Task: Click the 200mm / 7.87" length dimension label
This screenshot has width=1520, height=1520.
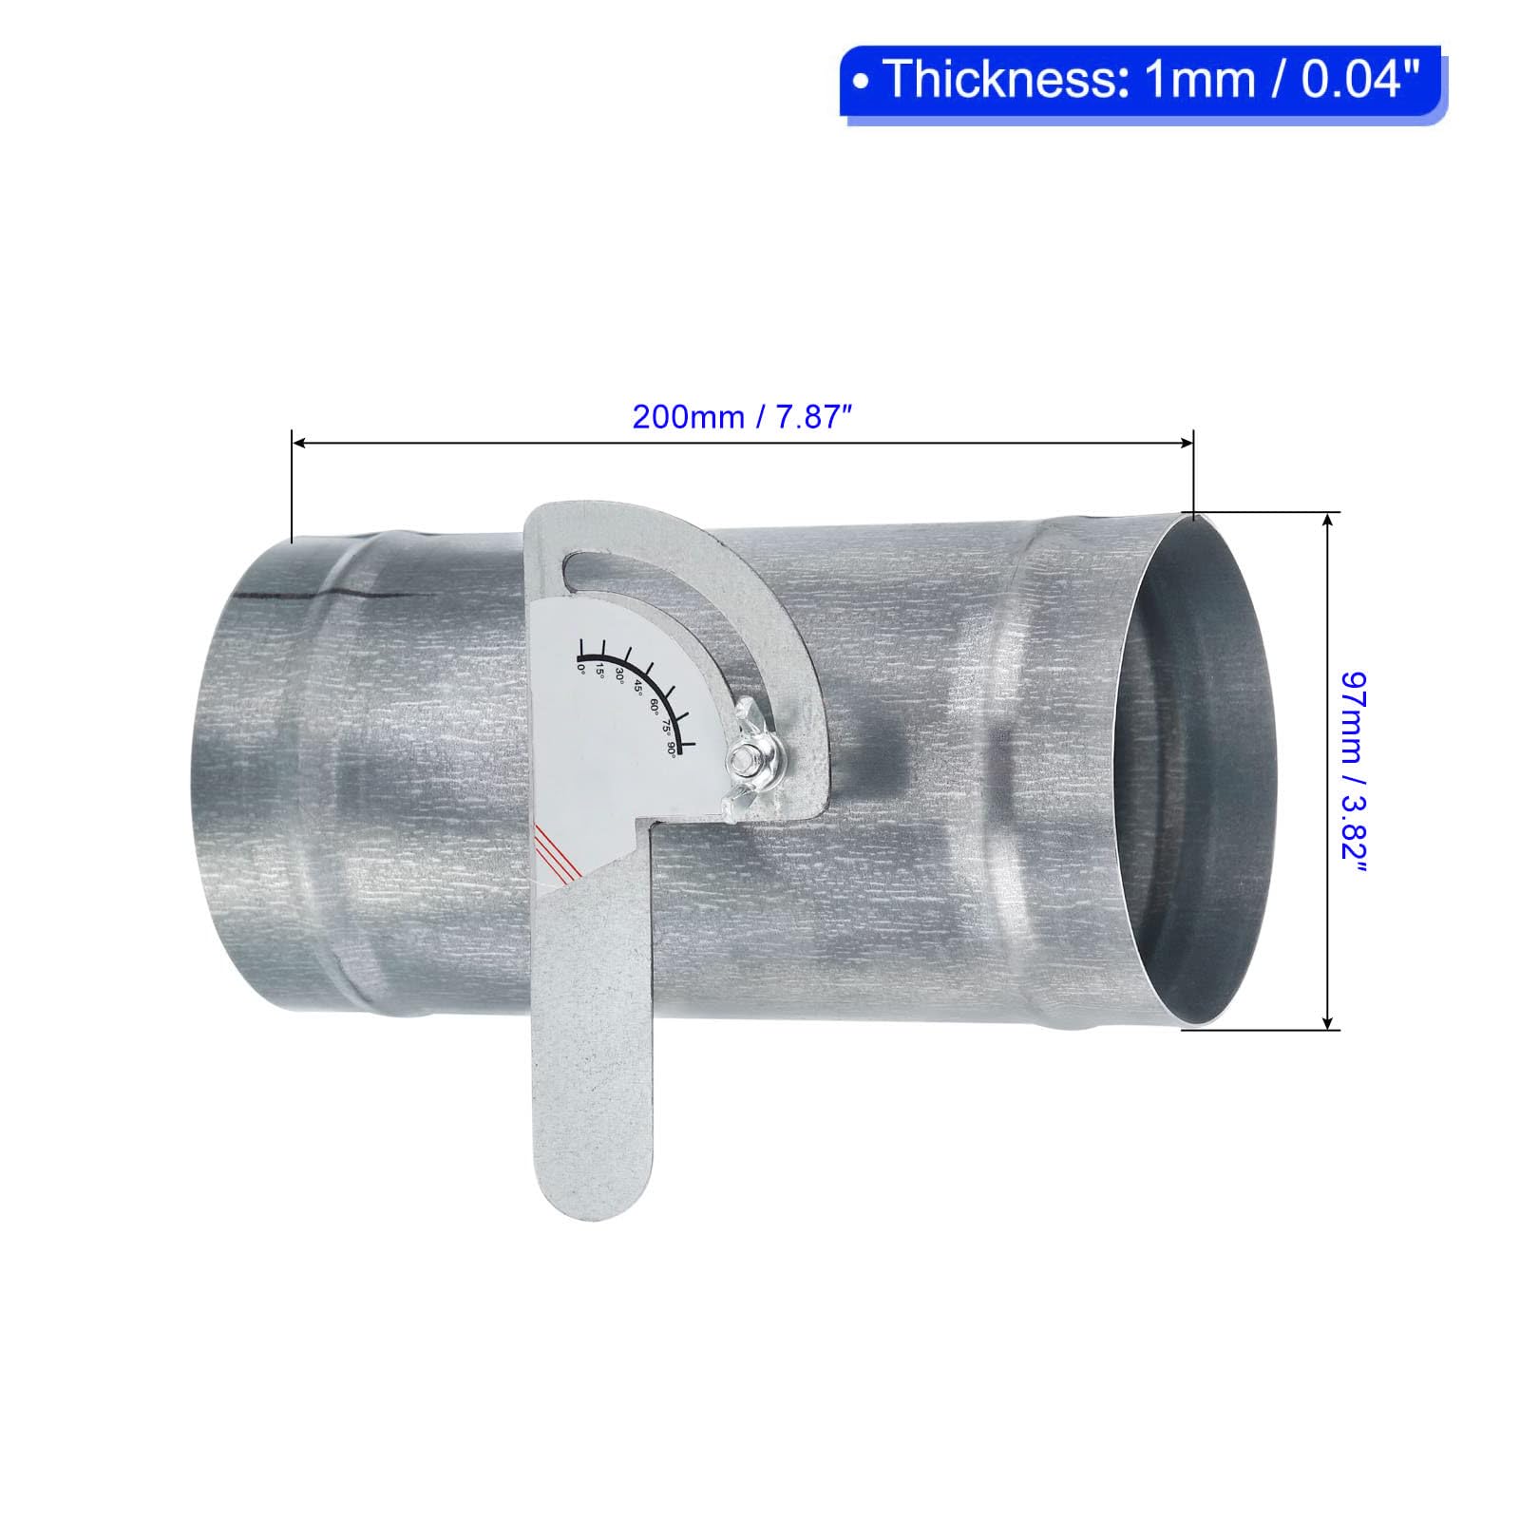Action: pos(739,417)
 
